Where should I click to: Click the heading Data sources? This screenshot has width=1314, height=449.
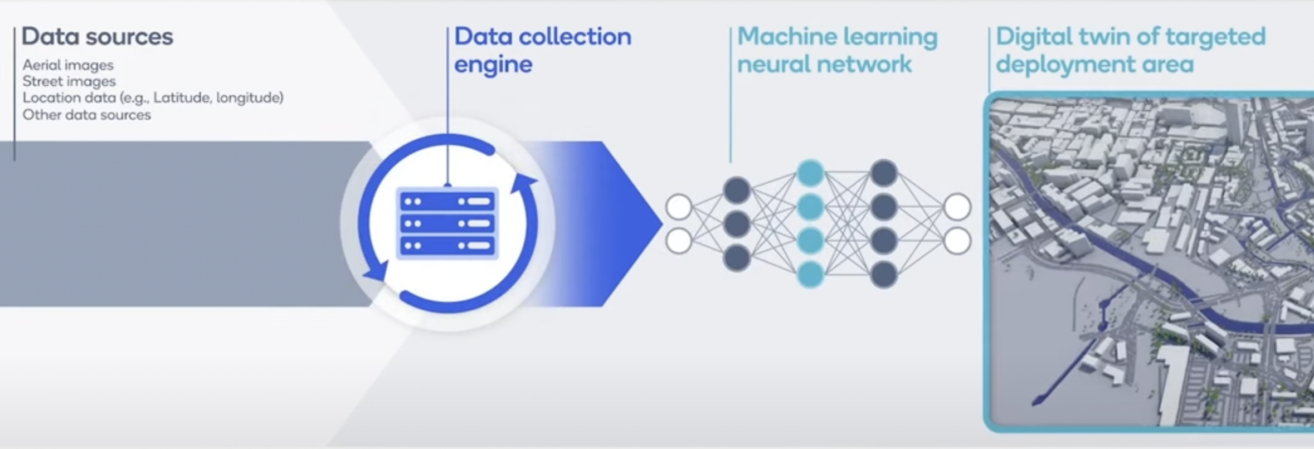(x=97, y=37)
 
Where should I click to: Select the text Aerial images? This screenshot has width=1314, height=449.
(x=68, y=65)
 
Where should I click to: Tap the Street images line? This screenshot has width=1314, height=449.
(x=69, y=81)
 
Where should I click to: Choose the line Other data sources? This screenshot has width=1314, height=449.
(x=86, y=115)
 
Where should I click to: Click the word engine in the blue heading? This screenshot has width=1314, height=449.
(x=493, y=65)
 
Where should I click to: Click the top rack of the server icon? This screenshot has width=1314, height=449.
(x=447, y=201)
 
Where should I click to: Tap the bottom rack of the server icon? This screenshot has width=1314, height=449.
(x=447, y=245)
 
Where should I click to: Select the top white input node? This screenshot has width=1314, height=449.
(x=679, y=207)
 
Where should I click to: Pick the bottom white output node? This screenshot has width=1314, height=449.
(x=957, y=241)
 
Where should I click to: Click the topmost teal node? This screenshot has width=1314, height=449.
(x=810, y=173)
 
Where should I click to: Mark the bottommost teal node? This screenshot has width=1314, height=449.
(x=810, y=274)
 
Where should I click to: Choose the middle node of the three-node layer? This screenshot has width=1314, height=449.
(x=737, y=224)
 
